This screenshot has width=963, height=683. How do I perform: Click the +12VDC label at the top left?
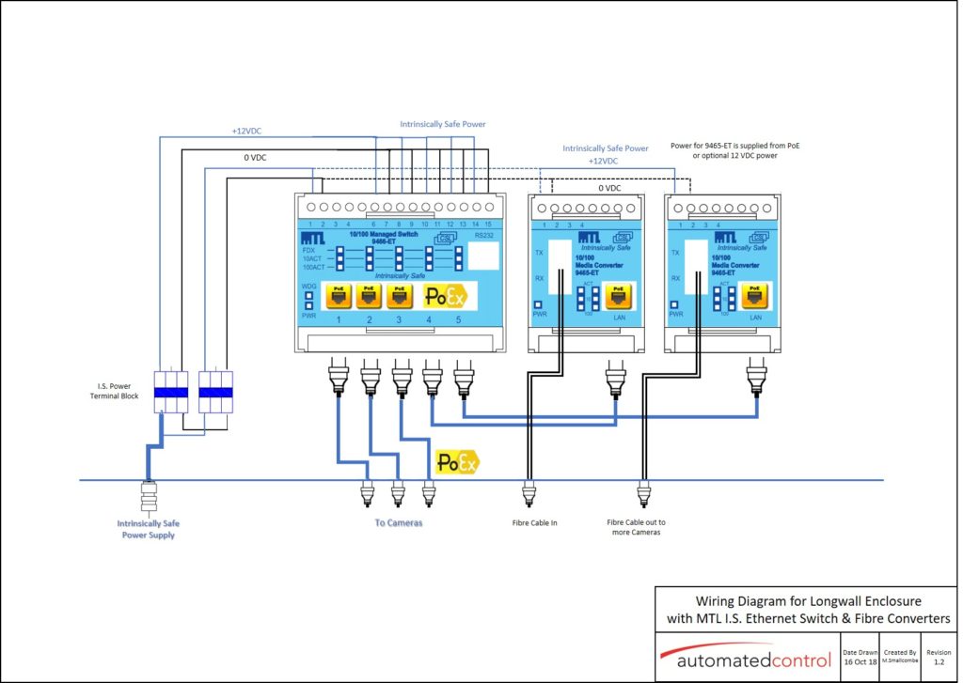pos(248,131)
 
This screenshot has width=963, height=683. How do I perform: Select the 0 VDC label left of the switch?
pos(255,158)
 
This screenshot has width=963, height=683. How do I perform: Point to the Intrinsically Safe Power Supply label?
pos(149,529)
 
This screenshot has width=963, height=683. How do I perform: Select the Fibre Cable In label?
pos(534,522)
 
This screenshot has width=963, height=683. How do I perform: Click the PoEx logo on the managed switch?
pos(445,297)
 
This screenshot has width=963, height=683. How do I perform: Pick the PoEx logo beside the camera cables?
pos(457,461)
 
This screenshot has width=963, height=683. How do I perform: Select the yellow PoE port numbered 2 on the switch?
pos(369,297)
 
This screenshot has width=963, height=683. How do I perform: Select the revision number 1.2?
pos(938,662)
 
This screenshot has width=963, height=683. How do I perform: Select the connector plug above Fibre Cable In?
pos(529,491)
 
